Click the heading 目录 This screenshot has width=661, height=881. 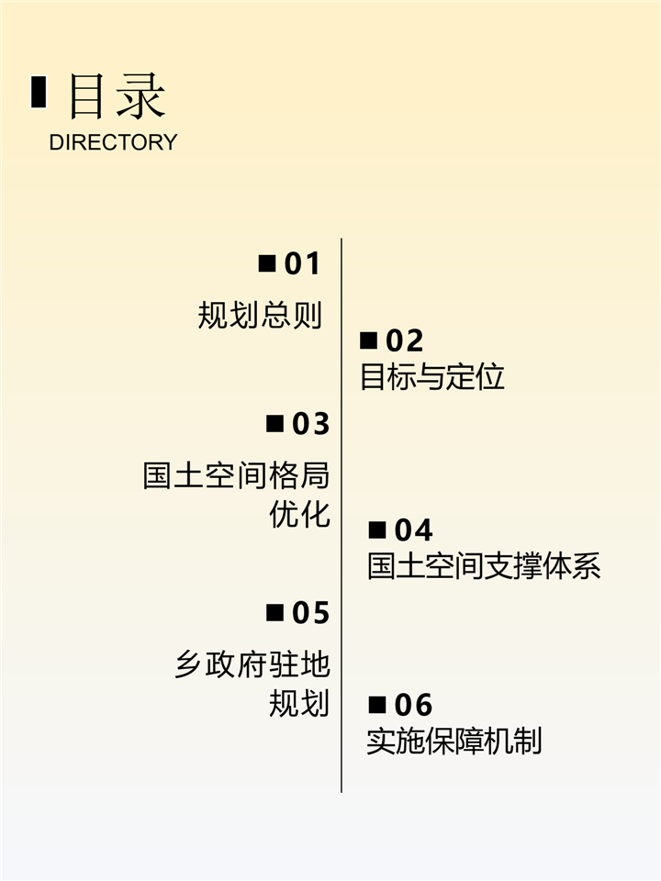tap(117, 95)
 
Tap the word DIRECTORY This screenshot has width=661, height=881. tap(112, 142)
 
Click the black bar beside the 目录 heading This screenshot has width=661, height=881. tap(39, 92)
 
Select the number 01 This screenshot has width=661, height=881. tap(302, 264)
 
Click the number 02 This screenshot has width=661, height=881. tap(404, 340)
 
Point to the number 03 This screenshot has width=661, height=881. tap(310, 424)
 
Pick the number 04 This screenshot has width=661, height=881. tap(413, 530)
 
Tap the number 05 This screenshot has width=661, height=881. tap(310, 612)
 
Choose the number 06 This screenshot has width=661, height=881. tap(413, 705)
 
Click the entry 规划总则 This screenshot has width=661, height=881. tap(261, 315)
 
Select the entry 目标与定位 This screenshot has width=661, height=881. tap(432, 376)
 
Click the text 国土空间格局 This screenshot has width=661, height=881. tap(236, 476)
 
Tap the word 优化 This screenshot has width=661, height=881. tap(299, 514)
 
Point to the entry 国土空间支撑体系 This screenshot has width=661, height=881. tap(484, 565)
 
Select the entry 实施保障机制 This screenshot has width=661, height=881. tap(454, 741)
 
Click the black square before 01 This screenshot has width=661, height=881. tap(267, 264)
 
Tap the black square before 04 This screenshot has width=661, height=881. tap(377, 530)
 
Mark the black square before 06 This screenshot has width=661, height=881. tap(377, 705)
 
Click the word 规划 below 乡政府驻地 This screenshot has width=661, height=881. tap(299, 703)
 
